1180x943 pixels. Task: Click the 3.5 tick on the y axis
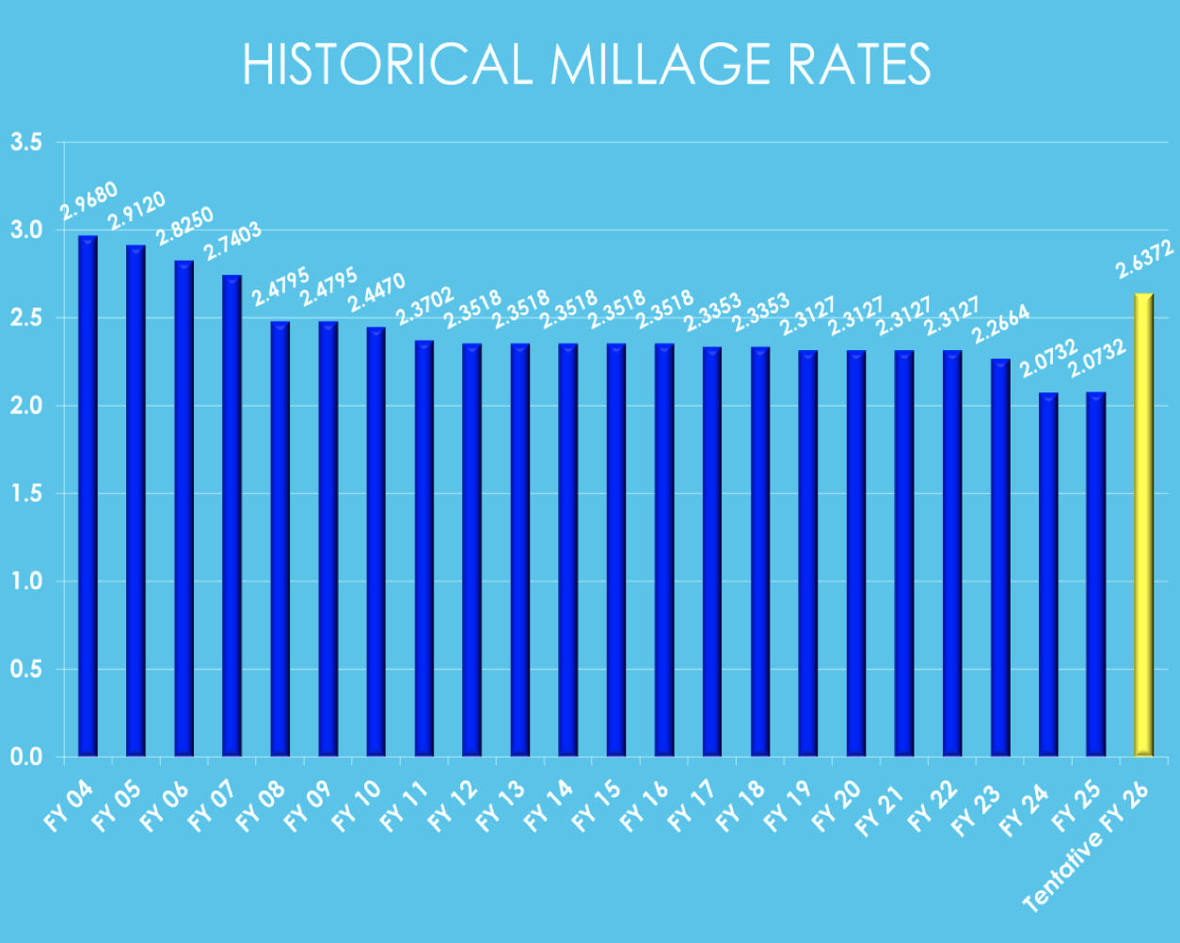pos(25,143)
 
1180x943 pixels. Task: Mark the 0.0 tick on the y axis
pos(25,757)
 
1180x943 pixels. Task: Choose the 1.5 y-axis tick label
pos(25,494)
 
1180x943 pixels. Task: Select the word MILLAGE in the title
pos(654,65)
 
